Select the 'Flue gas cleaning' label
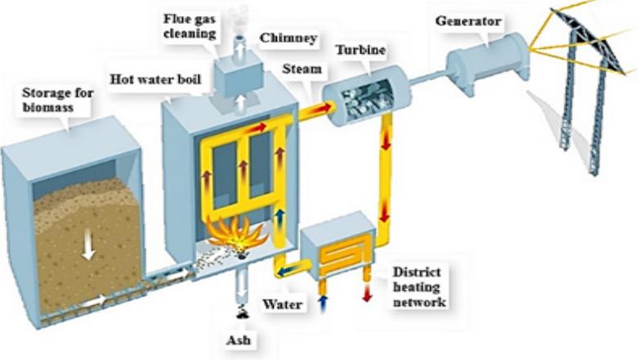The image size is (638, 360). [x=189, y=27]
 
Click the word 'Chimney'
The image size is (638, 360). [x=282, y=38]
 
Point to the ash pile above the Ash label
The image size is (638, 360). [x=243, y=311]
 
